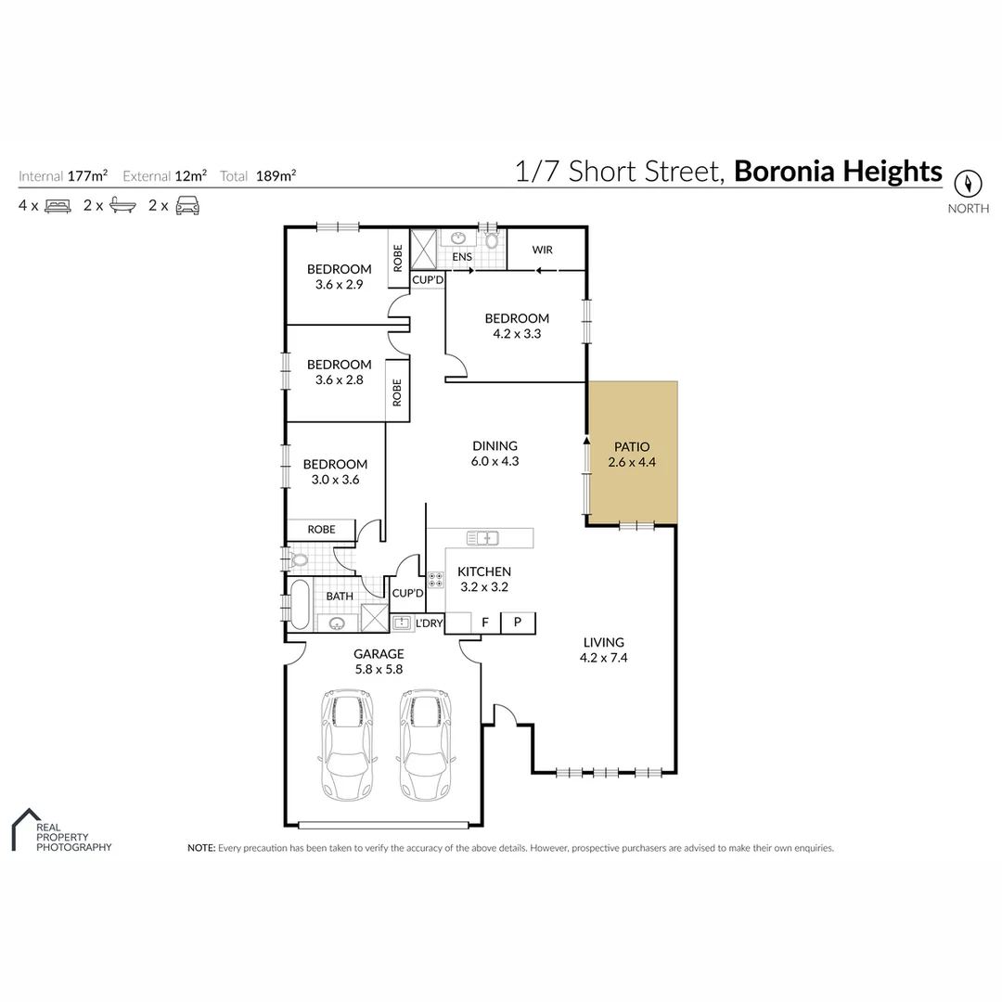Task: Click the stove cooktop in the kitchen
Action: (x=435, y=581)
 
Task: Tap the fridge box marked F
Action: (x=484, y=623)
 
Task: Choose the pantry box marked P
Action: (x=518, y=623)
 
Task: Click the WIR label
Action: (x=542, y=250)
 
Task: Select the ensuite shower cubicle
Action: (x=423, y=248)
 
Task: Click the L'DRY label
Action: (x=429, y=623)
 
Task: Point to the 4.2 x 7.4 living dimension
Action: (x=603, y=658)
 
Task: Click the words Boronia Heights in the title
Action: (x=838, y=172)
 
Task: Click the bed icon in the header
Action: (x=57, y=206)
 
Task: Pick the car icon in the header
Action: (x=187, y=206)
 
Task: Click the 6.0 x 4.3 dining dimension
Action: (x=494, y=461)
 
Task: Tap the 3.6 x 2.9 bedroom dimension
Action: (x=339, y=285)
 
